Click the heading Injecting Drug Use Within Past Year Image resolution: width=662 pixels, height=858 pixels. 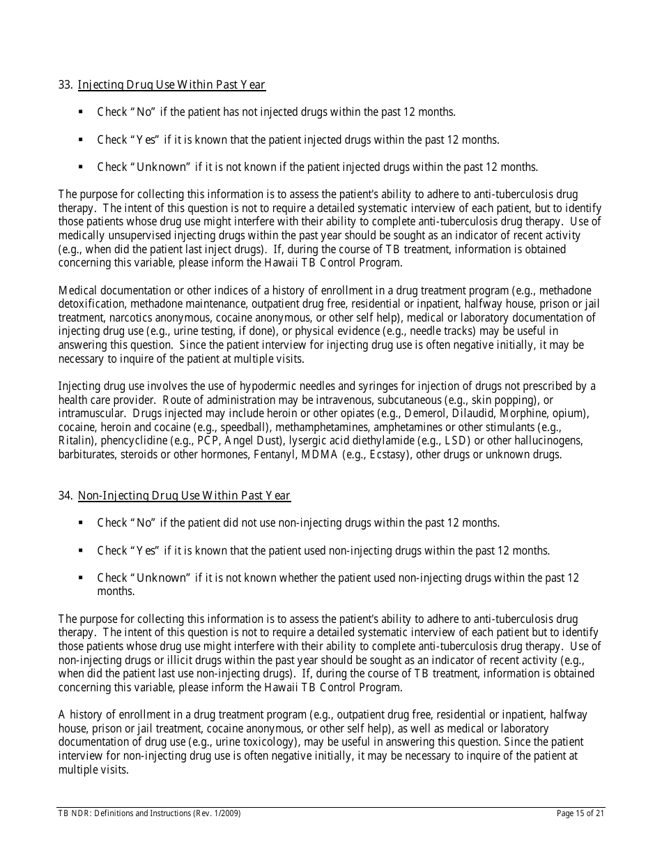click(x=171, y=85)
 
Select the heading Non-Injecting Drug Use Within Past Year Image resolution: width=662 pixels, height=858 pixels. click(x=184, y=496)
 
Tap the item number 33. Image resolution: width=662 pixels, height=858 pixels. click(x=65, y=85)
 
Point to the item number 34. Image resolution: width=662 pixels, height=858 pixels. click(x=65, y=496)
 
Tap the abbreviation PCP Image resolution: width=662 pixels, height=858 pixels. click(x=209, y=441)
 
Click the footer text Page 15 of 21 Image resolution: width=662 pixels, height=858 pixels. click(x=580, y=813)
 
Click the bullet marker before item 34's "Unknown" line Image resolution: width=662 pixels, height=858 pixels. click(x=81, y=578)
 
